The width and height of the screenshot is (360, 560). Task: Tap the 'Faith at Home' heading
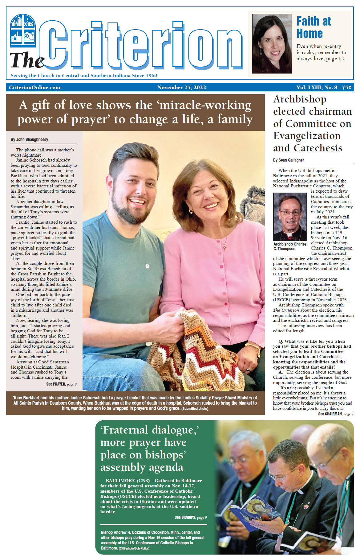click(313, 27)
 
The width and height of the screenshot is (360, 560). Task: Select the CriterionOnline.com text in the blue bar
click(34, 87)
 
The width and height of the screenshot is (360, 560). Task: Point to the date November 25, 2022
click(181, 87)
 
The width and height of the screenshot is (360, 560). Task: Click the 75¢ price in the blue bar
click(346, 87)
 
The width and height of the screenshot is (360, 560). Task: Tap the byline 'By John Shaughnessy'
click(30, 139)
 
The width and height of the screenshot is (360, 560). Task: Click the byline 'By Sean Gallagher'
click(289, 160)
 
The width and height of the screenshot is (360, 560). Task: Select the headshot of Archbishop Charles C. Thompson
click(290, 217)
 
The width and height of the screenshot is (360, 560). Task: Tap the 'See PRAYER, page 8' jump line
click(61, 384)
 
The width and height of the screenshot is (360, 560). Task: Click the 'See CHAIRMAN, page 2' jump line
click(335, 414)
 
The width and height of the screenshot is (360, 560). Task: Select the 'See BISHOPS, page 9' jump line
click(191, 517)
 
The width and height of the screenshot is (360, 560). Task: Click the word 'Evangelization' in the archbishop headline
click(307, 136)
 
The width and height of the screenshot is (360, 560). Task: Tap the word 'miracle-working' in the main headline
click(205, 105)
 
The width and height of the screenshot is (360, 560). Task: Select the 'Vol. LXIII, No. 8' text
click(317, 87)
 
